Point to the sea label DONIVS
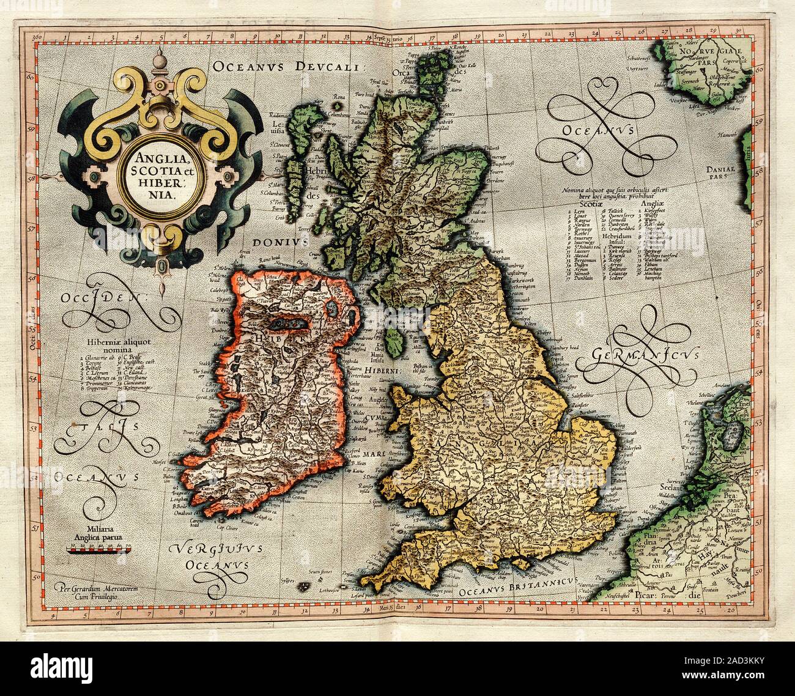tap(284, 242)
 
